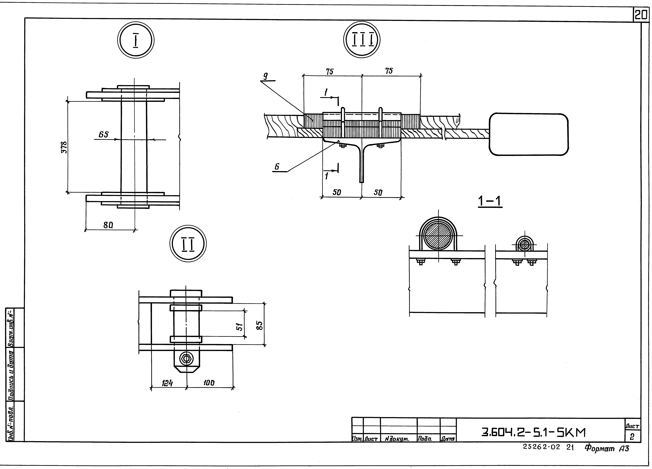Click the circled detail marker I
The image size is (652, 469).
136,40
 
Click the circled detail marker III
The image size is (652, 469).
362,40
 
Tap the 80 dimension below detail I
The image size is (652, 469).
108,225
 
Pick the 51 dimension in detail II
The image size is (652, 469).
239,327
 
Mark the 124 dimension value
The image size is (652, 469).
167,383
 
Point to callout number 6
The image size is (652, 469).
277,167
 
